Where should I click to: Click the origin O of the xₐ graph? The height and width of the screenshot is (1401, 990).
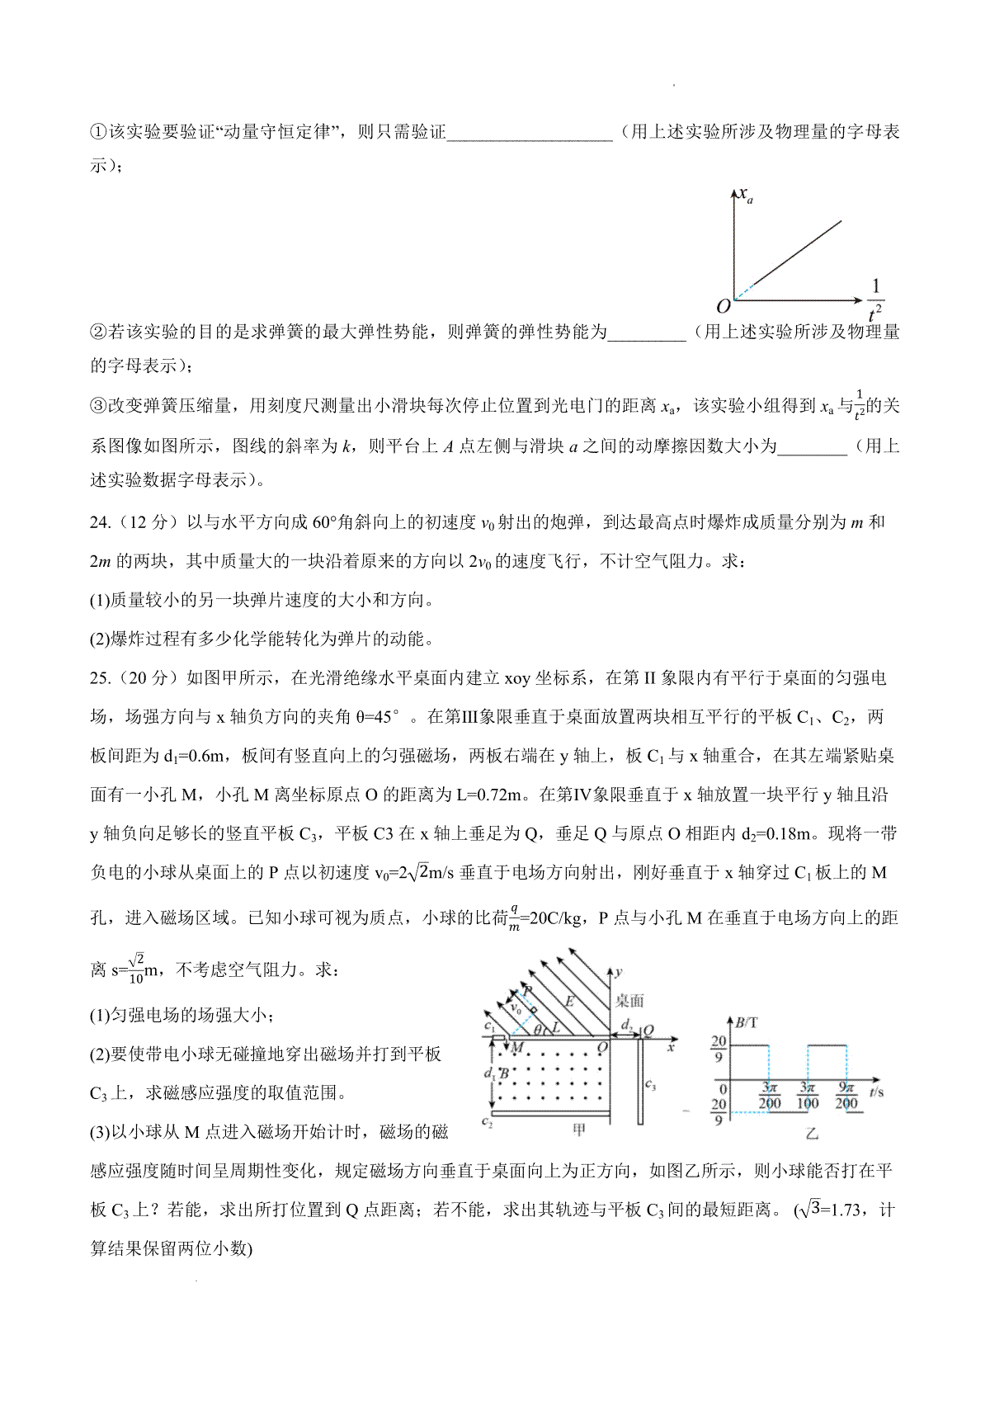[724, 306]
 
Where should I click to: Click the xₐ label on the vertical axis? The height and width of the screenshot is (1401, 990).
[746, 196]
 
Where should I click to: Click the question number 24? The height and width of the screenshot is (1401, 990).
[99, 522]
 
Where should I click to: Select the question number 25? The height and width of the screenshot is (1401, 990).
[99, 678]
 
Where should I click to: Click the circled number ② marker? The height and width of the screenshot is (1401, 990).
[98, 333]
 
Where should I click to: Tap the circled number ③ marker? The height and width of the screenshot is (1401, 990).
[98, 406]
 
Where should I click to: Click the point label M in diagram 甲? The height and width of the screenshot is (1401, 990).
[518, 1048]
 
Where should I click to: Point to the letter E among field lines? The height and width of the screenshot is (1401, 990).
[568, 1001]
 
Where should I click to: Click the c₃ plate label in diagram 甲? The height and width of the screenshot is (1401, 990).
[650, 1084]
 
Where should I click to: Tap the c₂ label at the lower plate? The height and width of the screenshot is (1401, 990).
[487, 1121]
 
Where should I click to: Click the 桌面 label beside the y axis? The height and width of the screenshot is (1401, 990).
[629, 1001]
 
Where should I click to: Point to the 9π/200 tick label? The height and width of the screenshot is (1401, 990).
[846, 1096]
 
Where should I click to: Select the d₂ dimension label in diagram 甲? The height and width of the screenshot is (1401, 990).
[627, 1025]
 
